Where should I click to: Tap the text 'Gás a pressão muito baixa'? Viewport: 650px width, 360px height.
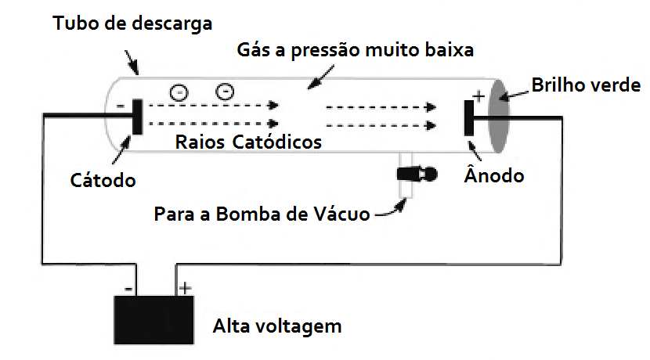[356, 52]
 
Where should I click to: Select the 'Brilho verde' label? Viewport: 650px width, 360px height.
[586, 85]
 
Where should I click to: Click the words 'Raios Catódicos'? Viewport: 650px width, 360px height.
[249, 143]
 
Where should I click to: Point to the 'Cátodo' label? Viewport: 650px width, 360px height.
[102, 180]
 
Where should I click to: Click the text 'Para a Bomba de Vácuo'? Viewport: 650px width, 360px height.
[262, 214]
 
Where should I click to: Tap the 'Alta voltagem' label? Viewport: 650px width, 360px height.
[277, 325]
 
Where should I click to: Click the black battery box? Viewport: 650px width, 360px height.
[153, 320]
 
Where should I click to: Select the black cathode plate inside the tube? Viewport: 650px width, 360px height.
[138, 117]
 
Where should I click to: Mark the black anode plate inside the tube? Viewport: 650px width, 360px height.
[468, 118]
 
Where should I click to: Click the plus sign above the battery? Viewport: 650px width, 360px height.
[185, 288]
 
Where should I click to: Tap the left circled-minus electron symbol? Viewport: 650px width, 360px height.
[179, 92]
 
